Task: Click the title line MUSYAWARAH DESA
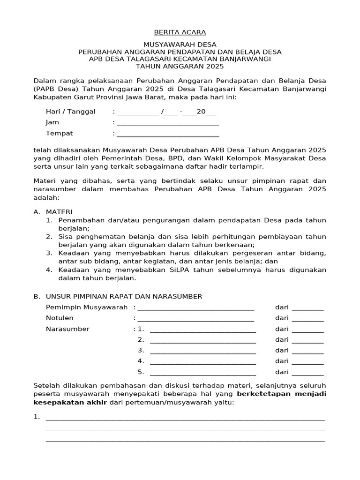(180, 45)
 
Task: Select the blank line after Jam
(168, 123)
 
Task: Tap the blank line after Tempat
(168, 134)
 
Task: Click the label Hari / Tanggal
(70, 112)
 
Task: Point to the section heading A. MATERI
(53, 212)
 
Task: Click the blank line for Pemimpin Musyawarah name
(195, 308)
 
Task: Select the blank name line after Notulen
(195, 319)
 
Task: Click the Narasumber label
(67, 329)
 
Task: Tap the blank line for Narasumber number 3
(202, 351)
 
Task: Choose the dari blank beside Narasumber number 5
(307, 373)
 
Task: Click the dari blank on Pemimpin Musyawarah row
(307, 308)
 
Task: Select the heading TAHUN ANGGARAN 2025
(180, 67)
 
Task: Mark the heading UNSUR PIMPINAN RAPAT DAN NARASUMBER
(124, 297)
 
